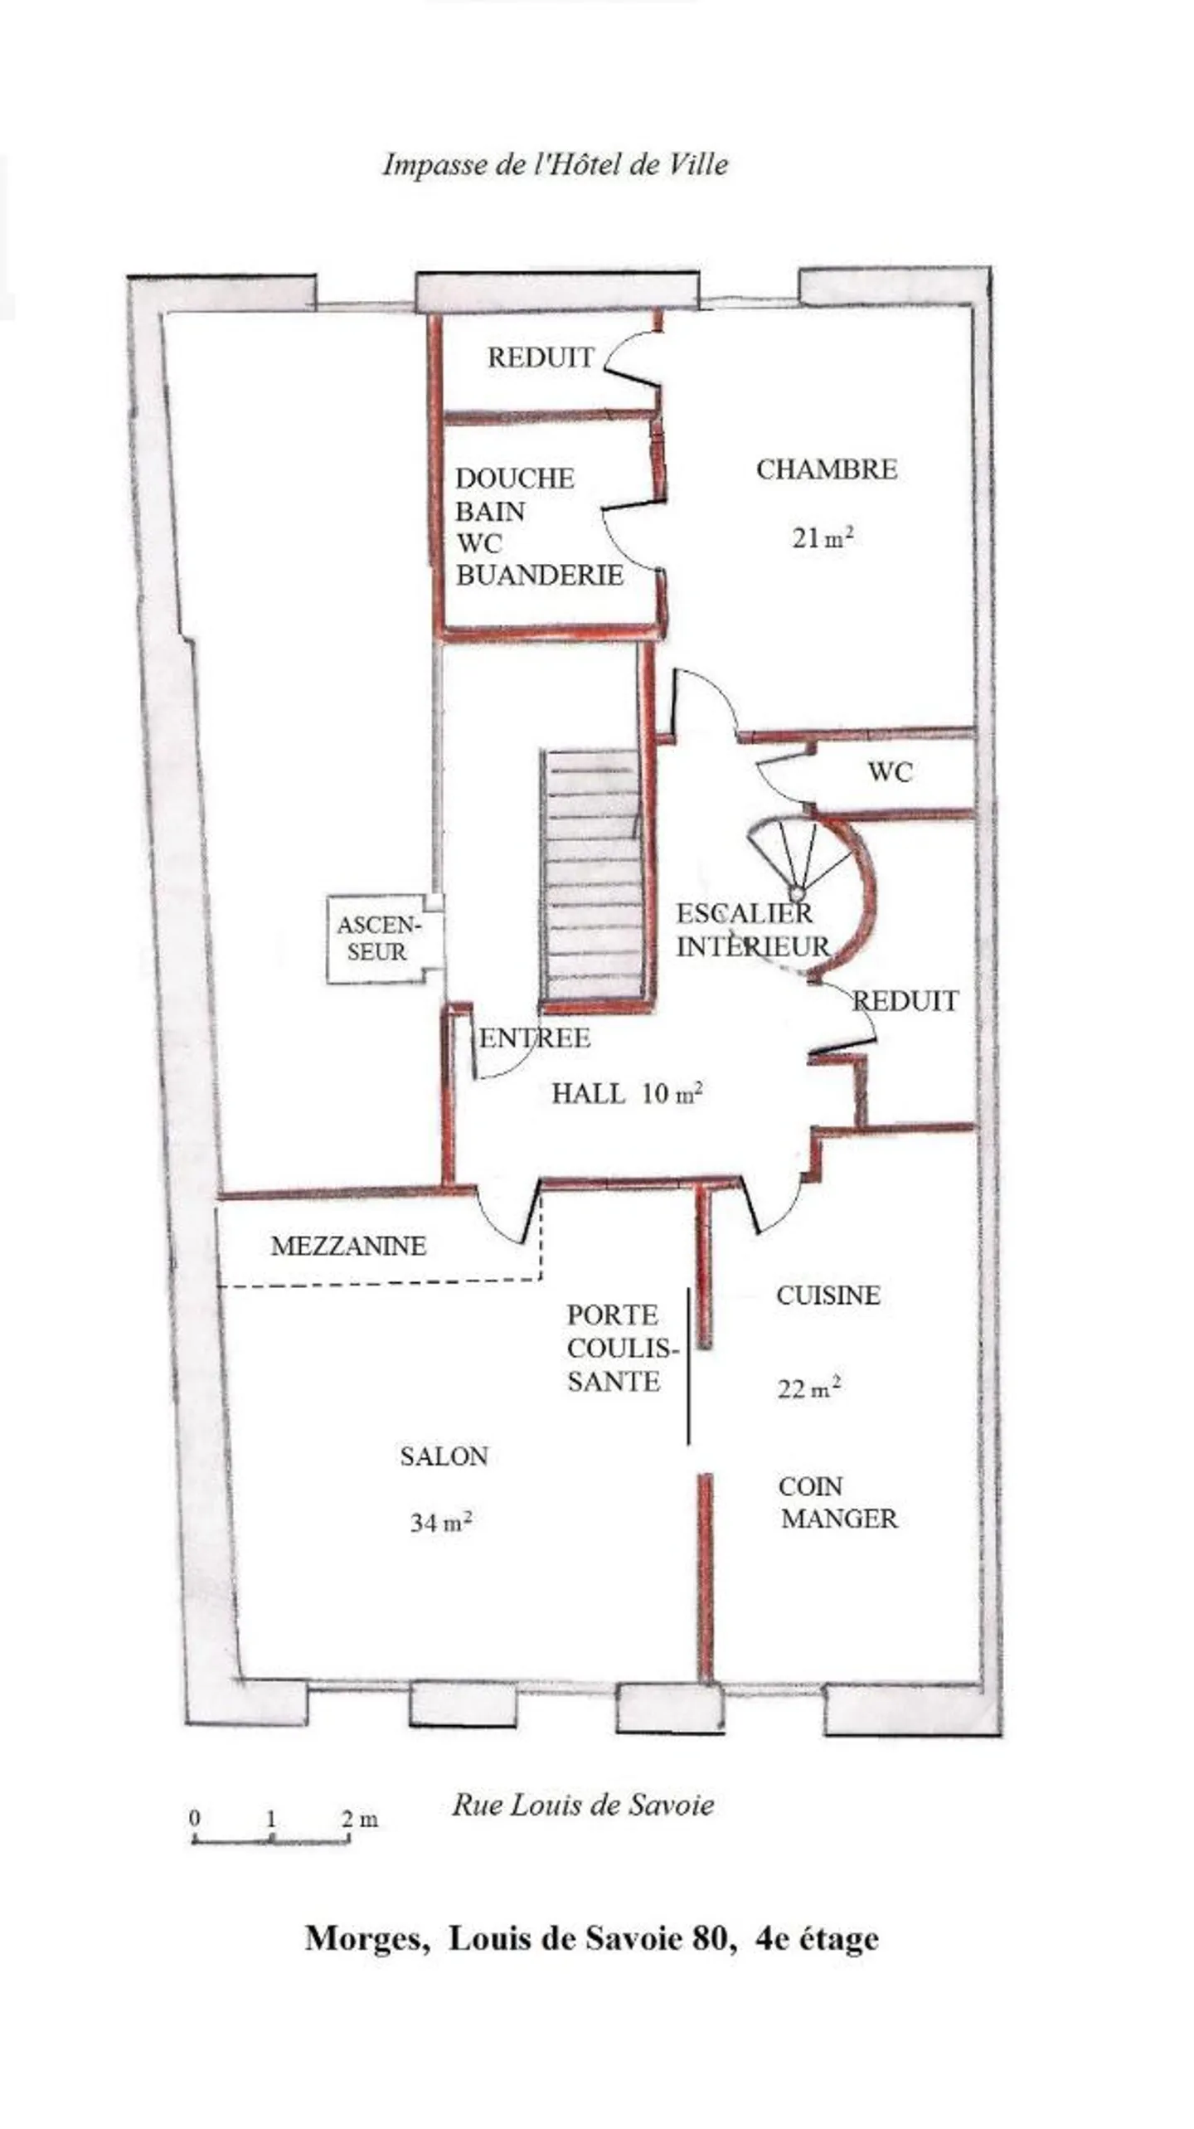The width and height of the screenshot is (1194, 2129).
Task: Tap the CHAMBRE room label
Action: [826, 469]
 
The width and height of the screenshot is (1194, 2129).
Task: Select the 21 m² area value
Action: [822, 538]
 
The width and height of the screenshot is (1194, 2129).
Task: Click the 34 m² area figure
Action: [440, 1523]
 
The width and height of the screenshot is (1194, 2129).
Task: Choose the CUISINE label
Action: [828, 1295]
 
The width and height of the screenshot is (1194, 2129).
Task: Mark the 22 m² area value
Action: [808, 1388]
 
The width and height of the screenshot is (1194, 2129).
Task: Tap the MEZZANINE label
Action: [348, 1246]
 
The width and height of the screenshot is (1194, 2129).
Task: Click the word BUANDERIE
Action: [540, 576]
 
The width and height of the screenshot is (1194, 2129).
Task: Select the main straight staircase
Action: [592, 875]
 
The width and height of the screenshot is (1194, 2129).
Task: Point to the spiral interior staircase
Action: [800, 863]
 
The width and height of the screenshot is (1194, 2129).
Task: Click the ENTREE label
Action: [535, 1038]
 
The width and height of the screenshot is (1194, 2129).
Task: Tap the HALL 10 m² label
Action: [627, 1094]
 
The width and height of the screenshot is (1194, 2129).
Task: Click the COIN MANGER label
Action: [837, 1502]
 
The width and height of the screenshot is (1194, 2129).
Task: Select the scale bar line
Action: [270, 1840]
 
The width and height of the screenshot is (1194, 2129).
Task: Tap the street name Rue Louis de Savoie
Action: [582, 1805]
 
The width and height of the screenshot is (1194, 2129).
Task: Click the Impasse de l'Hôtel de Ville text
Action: [555, 164]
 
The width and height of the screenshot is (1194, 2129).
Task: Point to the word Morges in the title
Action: [366, 1940]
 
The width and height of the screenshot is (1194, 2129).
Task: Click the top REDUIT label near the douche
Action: [541, 357]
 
